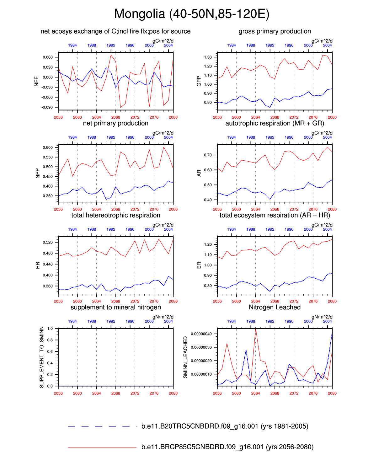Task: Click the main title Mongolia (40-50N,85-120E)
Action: pos(192,14)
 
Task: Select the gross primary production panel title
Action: pos(275,31)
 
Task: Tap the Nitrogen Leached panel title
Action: pos(275,307)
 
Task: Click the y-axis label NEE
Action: pos(36,81)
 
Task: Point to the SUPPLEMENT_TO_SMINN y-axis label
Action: pos(42,357)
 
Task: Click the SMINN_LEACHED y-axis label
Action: pos(185,357)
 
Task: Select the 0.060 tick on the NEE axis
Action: pos(48,57)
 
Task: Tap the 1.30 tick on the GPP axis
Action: pos(208,57)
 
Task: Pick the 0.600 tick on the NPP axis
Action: pos(48,147)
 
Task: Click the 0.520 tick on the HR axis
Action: pos(48,242)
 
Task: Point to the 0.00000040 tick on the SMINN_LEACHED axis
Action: pos(201,334)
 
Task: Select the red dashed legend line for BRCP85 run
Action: pos(102,447)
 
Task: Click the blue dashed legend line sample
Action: pos(102,426)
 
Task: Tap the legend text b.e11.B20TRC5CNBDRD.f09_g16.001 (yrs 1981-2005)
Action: pos(225,426)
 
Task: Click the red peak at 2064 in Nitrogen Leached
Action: pos(256,329)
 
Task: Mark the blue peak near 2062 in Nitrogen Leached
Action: pos(246,350)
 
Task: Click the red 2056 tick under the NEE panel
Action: pos(58,117)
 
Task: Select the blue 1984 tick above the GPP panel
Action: pos(232,45)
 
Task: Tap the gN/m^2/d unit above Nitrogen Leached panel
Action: pos(322,317)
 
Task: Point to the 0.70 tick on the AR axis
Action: pos(208,155)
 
